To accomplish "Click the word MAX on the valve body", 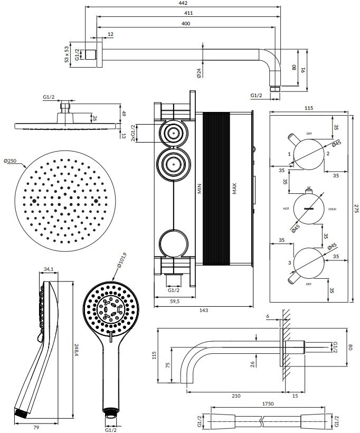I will coord(234,189).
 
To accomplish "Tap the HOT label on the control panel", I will coord(286,209).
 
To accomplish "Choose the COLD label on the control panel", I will coord(332,209).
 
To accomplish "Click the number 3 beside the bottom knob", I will coord(289,262).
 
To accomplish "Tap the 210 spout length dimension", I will coord(236,395).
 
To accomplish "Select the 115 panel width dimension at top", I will coord(309,108).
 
